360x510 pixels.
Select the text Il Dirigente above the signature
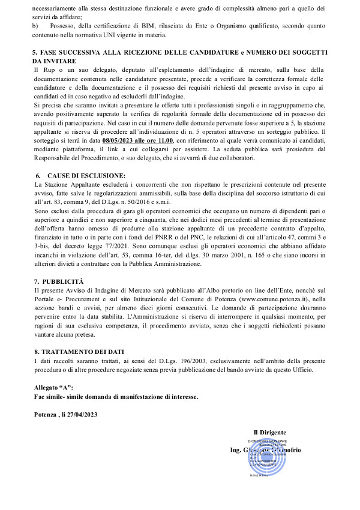[x=269, y=433]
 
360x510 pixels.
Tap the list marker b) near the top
[x=37, y=26]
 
